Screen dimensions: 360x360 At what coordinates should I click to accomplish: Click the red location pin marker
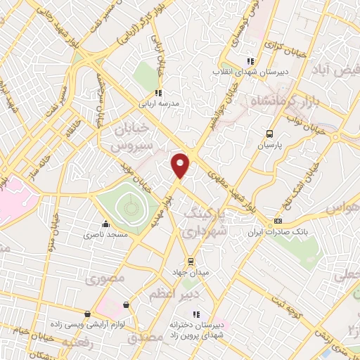tap(181, 164)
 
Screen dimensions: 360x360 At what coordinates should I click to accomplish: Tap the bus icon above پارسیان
tap(270, 134)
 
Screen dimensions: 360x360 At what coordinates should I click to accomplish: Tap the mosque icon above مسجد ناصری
tap(106, 224)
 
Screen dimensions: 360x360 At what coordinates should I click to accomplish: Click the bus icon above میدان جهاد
tap(181, 261)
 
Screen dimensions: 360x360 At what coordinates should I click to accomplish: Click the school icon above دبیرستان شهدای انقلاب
tap(250, 61)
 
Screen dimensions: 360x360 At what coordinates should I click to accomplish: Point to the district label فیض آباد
tap(340, 71)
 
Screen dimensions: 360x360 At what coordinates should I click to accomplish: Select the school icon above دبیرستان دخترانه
tap(197, 314)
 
